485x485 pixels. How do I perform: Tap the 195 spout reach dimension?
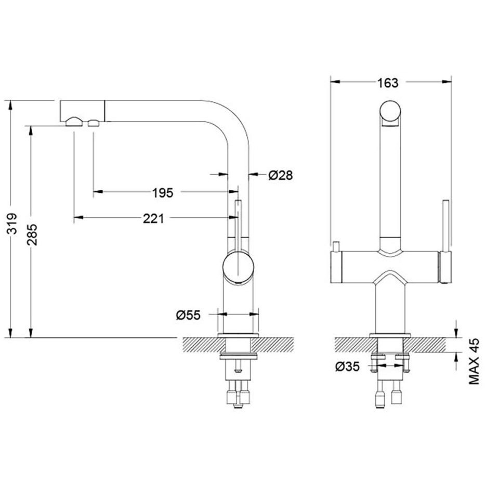coord(163,193)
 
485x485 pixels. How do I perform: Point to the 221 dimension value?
coord(153,219)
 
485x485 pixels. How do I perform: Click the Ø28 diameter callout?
coord(280,175)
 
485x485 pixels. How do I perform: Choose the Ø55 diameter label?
coord(188,315)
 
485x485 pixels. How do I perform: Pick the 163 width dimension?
coord(388,83)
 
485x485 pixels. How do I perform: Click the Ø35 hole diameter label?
coord(347,367)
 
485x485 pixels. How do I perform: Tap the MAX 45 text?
coord(474,361)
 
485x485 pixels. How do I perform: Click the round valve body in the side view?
coord(238,267)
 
